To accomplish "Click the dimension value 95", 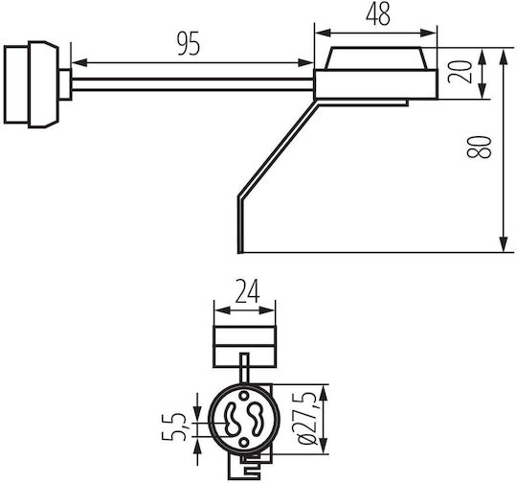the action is pos(189,43).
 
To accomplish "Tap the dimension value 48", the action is pos(378,14).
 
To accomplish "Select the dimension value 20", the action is pos(460,72).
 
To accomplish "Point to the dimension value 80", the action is pos(479,147).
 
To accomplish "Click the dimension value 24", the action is pos(247,291).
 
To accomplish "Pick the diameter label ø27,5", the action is pos(307,419).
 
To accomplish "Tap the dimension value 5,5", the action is pos(174,426).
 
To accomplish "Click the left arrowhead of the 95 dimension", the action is pos(79,62).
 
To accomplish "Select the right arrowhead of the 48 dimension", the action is pos(429,33).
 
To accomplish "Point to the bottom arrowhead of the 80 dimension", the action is pos(504,244).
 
